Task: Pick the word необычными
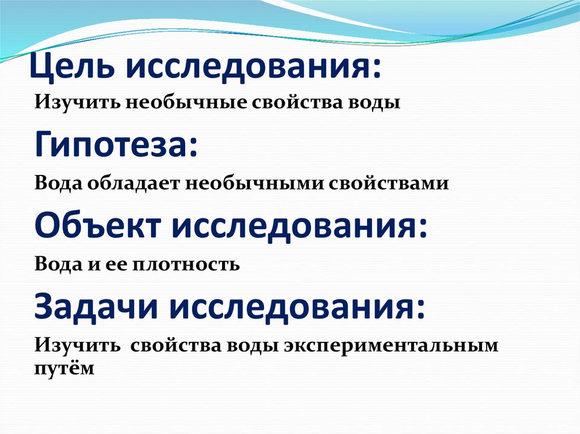(x=236, y=184)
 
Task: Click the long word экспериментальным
(x=390, y=345)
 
